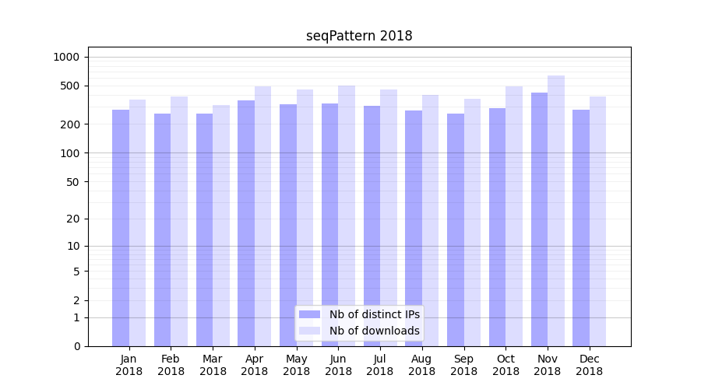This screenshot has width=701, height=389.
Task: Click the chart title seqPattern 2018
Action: (x=359, y=36)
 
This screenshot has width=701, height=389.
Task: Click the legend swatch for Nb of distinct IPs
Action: (x=309, y=314)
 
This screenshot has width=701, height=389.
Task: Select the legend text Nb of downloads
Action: (x=374, y=331)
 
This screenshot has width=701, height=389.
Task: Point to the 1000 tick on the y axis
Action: (x=66, y=57)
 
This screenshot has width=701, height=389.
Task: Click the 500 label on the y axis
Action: (x=70, y=86)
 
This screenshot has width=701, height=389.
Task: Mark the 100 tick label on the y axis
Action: (x=70, y=153)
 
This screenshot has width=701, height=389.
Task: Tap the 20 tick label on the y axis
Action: (x=73, y=219)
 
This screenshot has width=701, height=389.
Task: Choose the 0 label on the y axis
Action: (x=76, y=346)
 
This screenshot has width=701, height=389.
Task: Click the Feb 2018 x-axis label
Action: (x=171, y=365)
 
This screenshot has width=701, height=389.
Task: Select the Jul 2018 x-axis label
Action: (x=380, y=365)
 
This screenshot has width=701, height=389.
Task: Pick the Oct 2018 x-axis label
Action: (x=505, y=365)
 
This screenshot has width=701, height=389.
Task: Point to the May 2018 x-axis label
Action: (x=296, y=365)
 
